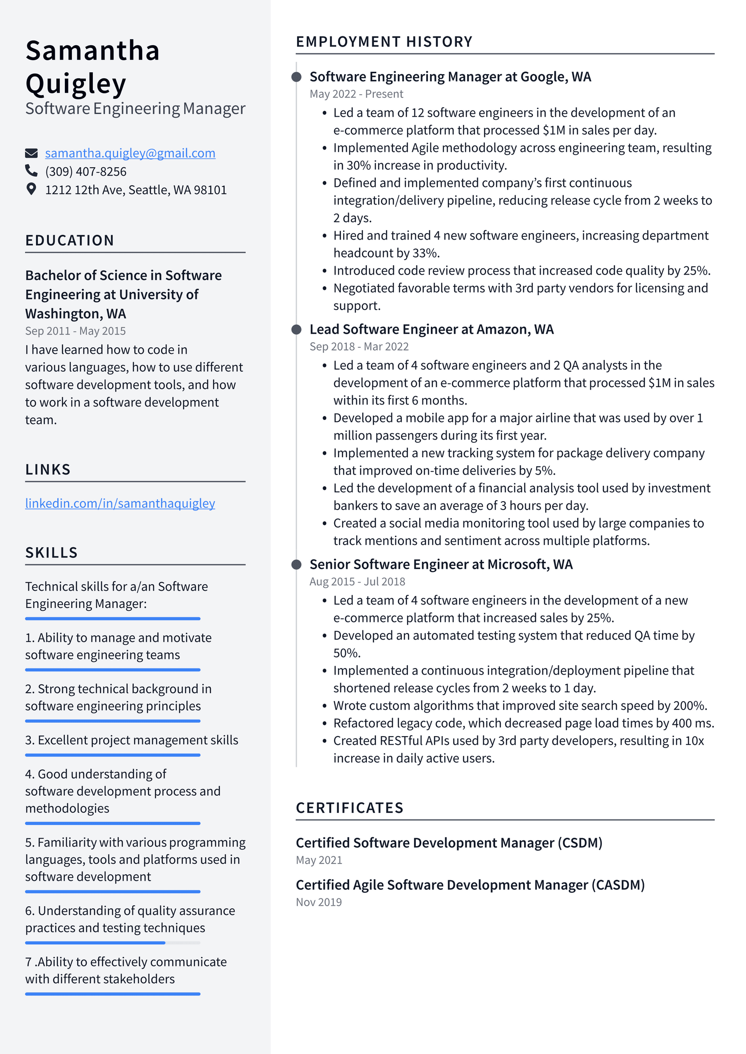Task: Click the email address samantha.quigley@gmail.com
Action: point(130,153)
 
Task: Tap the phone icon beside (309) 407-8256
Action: point(31,171)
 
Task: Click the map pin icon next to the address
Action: point(31,189)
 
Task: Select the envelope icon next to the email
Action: point(31,153)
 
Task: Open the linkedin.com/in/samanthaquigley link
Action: point(120,503)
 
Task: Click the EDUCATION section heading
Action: point(69,240)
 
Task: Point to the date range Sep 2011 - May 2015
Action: point(75,331)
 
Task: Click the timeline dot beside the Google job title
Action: point(296,77)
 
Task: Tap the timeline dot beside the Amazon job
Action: point(296,330)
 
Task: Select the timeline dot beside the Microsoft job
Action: point(296,565)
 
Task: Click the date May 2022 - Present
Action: point(356,94)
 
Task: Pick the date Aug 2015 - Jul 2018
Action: point(357,581)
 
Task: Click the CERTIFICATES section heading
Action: point(349,807)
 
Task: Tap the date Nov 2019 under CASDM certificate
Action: point(318,902)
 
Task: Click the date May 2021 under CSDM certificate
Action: point(319,860)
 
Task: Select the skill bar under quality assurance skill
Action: point(112,943)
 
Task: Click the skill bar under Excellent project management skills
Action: point(112,755)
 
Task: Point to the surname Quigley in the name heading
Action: point(76,84)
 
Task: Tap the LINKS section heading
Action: point(48,469)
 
